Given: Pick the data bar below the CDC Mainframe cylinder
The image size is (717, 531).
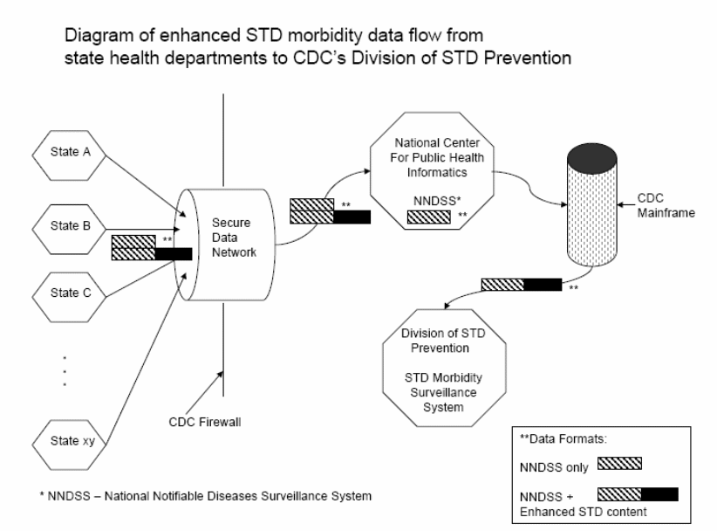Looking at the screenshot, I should pos(522,285).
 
